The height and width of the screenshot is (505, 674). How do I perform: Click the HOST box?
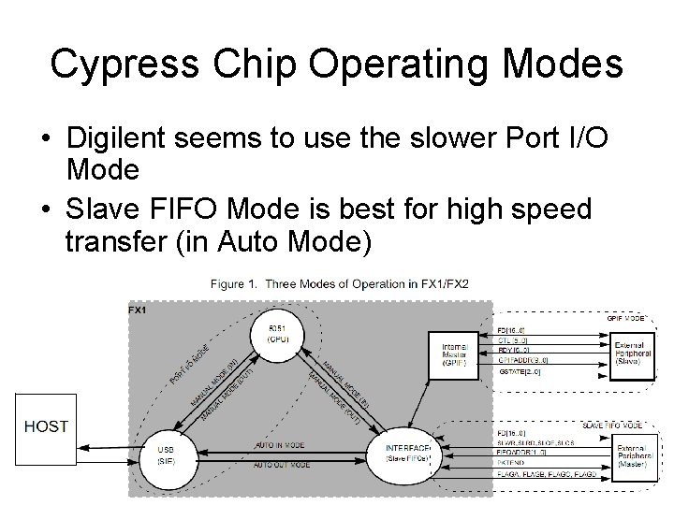pyautogui.click(x=46, y=426)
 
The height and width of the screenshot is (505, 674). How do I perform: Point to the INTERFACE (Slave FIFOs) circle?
pyautogui.click(x=407, y=454)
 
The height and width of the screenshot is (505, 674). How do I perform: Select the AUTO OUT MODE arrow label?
pyautogui.click(x=281, y=464)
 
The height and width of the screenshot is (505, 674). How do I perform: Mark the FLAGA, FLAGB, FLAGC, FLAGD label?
pyautogui.click(x=544, y=473)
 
